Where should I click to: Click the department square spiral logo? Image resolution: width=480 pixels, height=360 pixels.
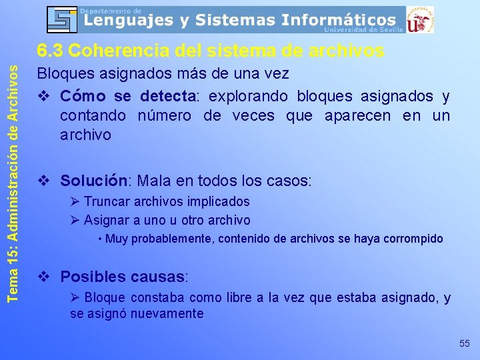(61, 19)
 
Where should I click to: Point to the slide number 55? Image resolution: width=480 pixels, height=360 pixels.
(465, 343)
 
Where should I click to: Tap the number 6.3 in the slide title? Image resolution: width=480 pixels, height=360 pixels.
(50, 51)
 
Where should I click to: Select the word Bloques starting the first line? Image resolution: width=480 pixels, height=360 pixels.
(59, 73)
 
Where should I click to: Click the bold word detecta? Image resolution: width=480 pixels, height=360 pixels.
(167, 96)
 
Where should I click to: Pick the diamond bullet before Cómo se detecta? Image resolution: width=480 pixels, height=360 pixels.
(44, 97)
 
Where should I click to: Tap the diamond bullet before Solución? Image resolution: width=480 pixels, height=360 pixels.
(44, 181)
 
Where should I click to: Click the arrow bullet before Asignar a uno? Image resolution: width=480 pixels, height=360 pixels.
(75, 220)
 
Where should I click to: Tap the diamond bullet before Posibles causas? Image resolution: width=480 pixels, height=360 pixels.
(44, 277)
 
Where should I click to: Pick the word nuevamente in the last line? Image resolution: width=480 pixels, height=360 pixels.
(171, 313)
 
